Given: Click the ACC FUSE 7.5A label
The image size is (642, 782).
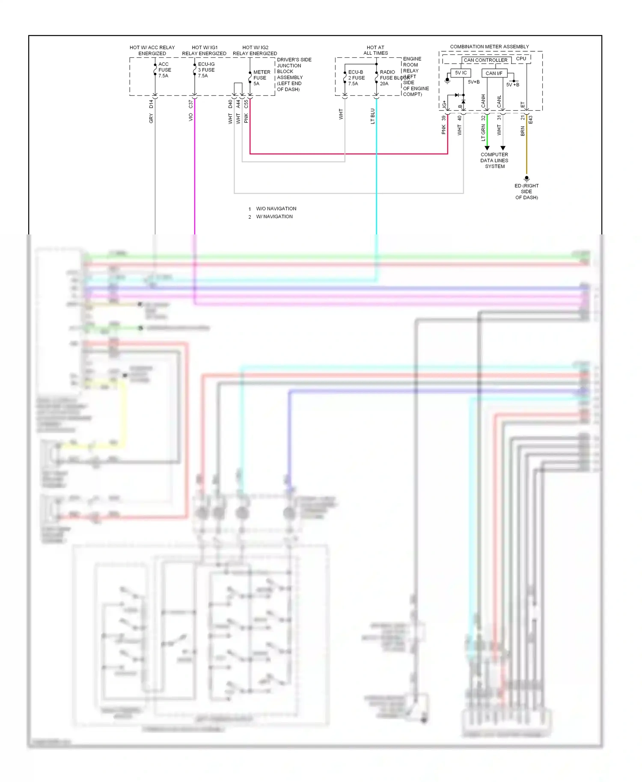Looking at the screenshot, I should pyautogui.click(x=164, y=70).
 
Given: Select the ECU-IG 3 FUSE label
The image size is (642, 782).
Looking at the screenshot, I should pyautogui.click(x=206, y=70).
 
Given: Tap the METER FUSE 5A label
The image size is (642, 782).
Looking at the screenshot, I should pyautogui.click(x=261, y=78).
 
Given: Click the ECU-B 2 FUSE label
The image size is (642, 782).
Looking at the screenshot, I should pyautogui.click(x=356, y=78).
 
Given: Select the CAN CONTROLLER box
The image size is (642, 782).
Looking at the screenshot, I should pyautogui.click(x=486, y=60).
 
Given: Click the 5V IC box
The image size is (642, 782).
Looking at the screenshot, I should pyautogui.click(x=461, y=73).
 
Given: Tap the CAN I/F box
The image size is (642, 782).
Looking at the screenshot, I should pyautogui.click(x=494, y=73).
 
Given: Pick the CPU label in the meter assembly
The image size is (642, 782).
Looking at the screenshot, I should pyautogui.click(x=521, y=59).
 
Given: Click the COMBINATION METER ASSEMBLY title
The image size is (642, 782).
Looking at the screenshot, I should pyautogui.click(x=489, y=47).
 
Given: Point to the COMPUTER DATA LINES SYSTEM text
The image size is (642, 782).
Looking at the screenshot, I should pyautogui.click(x=494, y=160).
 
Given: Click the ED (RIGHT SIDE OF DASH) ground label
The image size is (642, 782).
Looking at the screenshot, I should pyautogui.click(x=526, y=191).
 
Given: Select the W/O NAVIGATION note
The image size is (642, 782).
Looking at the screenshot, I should pyautogui.click(x=276, y=209).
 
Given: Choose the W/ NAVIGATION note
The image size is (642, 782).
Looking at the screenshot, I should pyautogui.click(x=274, y=216).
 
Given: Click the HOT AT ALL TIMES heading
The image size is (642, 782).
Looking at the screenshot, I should pyautogui.click(x=375, y=50).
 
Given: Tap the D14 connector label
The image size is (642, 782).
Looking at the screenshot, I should pyautogui.click(x=151, y=104).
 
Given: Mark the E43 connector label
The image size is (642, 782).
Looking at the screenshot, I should pyautogui.click(x=531, y=119).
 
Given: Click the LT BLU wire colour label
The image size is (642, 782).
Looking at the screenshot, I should pyautogui.click(x=373, y=116).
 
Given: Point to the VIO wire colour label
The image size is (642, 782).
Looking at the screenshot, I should pyautogui.click(x=191, y=117).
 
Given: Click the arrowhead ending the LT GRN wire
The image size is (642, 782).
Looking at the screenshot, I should pyautogui.click(x=487, y=148).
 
